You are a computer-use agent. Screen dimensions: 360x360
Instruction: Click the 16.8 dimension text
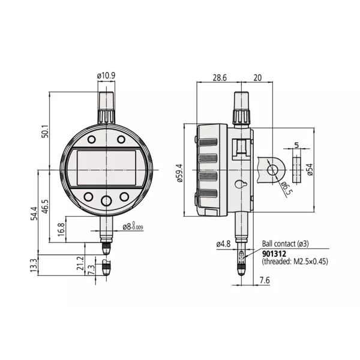click(x=61, y=229)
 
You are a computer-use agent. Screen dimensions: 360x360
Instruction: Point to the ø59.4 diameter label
click(x=178, y=172)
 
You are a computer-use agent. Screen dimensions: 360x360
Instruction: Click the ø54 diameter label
click(x=310, y=170)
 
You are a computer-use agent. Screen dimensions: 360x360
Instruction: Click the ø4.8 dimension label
click(x=223, y=244)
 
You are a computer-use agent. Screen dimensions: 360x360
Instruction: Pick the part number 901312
click(x=275, y=253)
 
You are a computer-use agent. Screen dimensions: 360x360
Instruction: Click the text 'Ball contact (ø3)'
click(x=285, y=244)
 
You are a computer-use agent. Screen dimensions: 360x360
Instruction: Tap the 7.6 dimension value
click(x=265, y=280)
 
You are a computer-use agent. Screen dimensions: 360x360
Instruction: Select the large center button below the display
click(x=106, y=201)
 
